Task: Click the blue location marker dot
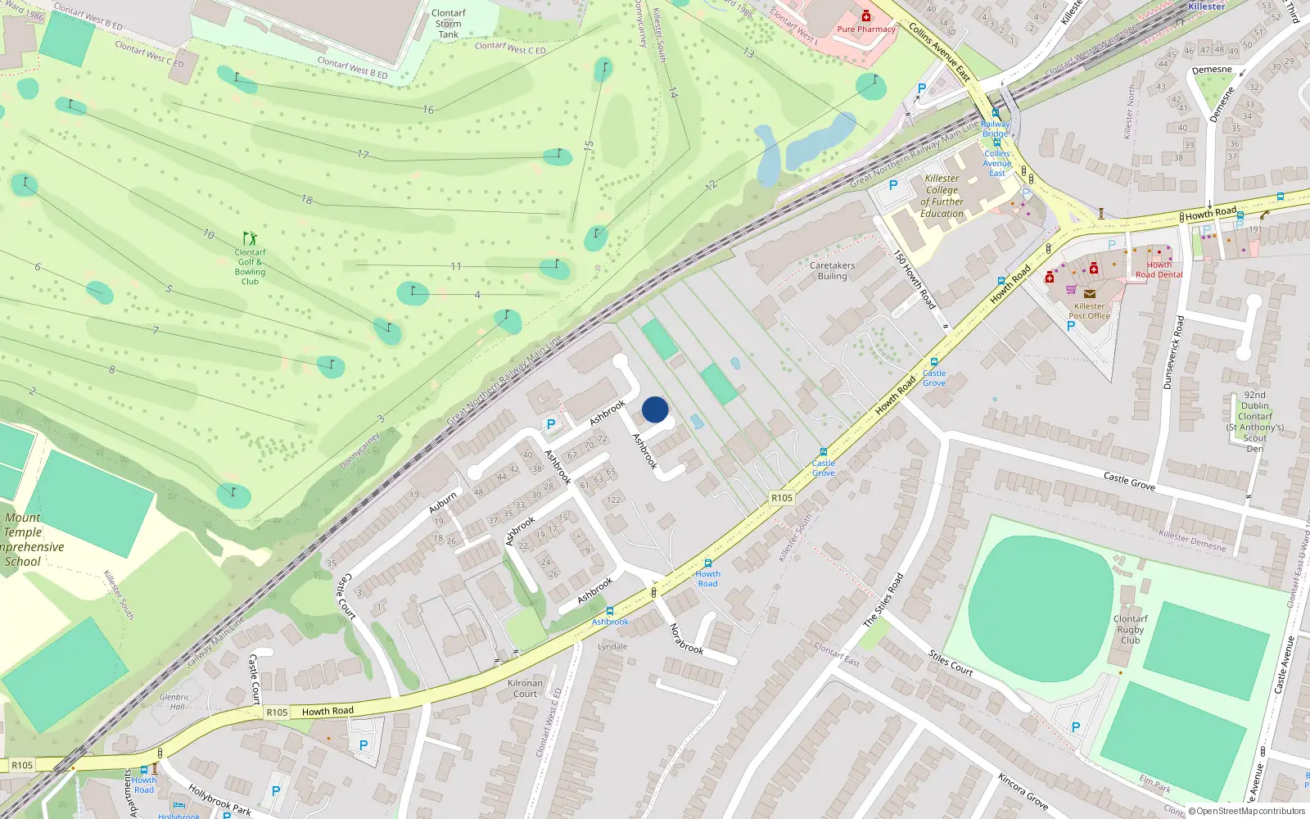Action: tap(655, 409)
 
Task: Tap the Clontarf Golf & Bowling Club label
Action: tap(250, 267)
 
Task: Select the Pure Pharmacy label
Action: tap(866, 29)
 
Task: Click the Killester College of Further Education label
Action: tap(942, 196)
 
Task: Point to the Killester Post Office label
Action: tap(1089, 310)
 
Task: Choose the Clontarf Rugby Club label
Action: tap(1130, 630)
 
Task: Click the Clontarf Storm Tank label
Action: tap(449, 24)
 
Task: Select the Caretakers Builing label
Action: tap(832, 271)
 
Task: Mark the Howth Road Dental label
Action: tap(1159, 269)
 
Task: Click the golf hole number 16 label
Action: tap(428, 110)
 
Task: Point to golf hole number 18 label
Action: tap(307, 200)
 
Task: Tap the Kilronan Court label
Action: tap(525, 688)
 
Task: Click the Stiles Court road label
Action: tap(951, 663)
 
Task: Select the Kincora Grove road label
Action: tap(1023, 790)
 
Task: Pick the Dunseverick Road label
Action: tap(1173, 352)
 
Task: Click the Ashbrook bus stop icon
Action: tap(610, 611)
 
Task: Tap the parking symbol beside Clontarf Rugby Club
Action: tap(1076, 727)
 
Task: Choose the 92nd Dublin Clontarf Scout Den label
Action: tap(1255, 422)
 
